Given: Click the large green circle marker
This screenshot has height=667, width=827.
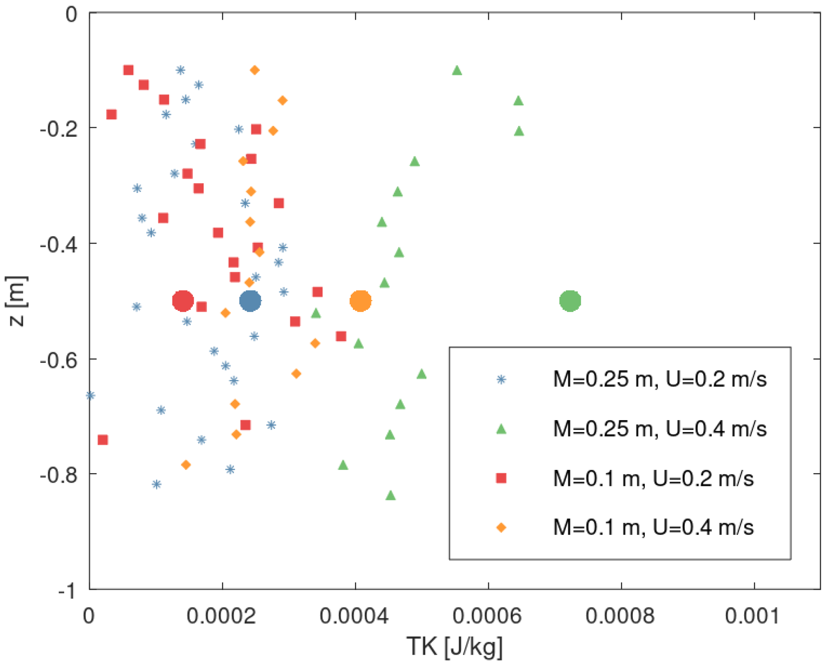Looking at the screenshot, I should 570,301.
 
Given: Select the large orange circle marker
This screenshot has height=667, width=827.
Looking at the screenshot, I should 360,301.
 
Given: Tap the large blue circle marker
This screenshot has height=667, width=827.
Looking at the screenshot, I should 250,301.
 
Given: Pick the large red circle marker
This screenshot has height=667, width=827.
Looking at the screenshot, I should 183,301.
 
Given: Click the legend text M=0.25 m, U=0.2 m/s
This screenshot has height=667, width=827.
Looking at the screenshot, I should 659,379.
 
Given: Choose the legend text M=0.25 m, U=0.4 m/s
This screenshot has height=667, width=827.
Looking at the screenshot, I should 659,429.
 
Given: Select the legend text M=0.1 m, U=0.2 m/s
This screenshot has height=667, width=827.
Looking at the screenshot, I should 653,479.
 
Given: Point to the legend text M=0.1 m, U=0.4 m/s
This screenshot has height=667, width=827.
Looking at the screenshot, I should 653,527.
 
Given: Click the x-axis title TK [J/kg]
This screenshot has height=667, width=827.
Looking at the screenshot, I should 454,646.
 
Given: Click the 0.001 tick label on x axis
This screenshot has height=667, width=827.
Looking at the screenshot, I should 752,616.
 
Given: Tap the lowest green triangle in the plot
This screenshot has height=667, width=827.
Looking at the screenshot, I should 391,495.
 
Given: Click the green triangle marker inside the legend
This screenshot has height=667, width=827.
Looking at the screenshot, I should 501,429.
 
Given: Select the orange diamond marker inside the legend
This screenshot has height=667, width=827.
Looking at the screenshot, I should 501,528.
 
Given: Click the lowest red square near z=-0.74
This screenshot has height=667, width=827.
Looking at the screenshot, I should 103,440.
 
